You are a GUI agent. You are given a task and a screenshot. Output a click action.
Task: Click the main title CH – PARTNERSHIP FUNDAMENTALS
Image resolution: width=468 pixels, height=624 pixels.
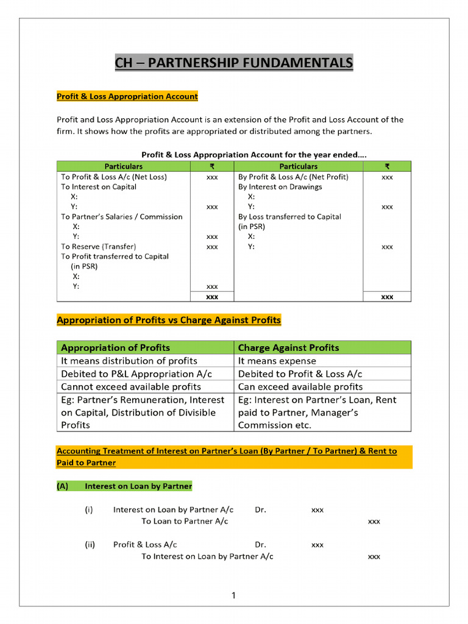pos(234,63)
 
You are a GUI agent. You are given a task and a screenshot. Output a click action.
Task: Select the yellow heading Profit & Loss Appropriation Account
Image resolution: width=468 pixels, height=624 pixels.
pos(127,96)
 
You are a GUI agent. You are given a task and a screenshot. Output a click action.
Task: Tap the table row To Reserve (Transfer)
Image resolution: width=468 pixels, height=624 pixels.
pos(98,247)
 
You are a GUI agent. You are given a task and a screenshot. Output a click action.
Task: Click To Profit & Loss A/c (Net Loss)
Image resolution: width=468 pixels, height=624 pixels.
pos(113,177)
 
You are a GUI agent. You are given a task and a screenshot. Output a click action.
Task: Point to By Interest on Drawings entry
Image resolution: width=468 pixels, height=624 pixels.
pos(280,187)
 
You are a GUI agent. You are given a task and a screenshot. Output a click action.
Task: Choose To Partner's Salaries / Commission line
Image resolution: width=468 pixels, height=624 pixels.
pos(121,216)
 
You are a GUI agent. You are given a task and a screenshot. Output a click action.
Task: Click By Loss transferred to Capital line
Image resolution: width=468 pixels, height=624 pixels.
pos(289,216)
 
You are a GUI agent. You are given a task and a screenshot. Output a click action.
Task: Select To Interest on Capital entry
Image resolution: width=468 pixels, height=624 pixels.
pos(98,187)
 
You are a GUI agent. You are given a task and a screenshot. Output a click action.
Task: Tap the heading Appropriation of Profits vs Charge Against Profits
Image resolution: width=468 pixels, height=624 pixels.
pos(169,320)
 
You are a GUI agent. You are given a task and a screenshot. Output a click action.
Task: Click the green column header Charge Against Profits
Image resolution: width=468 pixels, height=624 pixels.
pos(288,347)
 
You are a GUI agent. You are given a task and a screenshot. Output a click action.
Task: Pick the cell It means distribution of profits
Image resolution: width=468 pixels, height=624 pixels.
pos(129,361)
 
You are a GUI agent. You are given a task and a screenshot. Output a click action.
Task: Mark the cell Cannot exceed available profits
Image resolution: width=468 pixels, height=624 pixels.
pos(130,386)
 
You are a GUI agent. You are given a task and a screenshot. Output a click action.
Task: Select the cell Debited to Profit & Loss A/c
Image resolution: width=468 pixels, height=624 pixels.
pos(300,374)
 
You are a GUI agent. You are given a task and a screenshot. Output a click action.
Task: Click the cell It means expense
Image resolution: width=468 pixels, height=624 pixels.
pos(277,361)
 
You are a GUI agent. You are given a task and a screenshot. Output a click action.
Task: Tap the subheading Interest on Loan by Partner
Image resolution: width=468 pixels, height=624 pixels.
pos(138,486)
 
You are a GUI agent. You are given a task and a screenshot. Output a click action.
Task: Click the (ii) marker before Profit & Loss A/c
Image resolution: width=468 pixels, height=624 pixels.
pos(90,545)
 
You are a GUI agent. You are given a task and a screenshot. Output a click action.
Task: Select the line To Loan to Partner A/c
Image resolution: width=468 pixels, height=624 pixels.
pos(185,521)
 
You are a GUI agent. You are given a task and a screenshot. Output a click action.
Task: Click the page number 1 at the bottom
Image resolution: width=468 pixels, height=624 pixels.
pos(233,595)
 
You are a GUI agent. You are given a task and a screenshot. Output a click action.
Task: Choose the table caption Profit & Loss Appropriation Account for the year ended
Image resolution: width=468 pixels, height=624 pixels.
pos(253,155)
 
